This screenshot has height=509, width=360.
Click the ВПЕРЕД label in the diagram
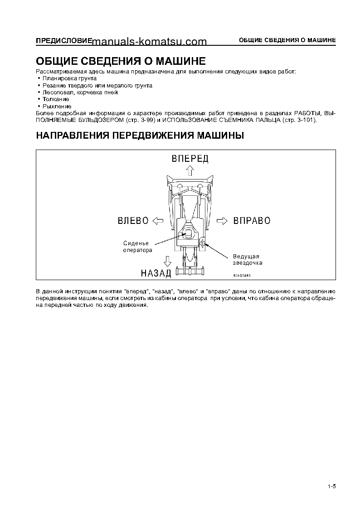[x=190, y=158]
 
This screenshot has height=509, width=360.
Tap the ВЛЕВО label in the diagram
[x=133, y=221]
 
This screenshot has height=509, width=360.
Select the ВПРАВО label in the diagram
[x=252, y=221]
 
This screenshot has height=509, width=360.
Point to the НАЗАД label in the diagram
[x=156, y=273]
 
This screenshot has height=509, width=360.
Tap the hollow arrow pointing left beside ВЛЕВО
[x=157, y=221]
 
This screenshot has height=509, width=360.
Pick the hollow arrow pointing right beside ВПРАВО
[x=222, y=221]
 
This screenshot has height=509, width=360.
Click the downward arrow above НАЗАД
[x=167, y=261]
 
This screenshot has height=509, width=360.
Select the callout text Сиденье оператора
[x=138, y=247]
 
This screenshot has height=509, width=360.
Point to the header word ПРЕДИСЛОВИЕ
[x=64, y=40]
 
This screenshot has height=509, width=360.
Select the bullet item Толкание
[x=55, y=99]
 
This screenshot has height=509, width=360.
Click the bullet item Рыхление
[x=57, y=106]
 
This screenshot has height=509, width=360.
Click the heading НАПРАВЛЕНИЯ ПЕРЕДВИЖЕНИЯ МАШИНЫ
[x=140, y=135]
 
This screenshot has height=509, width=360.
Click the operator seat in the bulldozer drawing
[x=188, y=234]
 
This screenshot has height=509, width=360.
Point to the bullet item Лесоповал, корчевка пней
[x=80, y=92]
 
